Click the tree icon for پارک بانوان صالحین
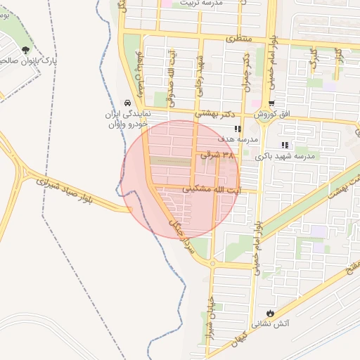[26, 50]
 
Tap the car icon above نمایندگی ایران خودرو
[127, 102]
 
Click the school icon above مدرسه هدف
[238, 129]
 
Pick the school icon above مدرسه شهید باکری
[285, 145]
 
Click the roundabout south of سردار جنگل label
[212, 264]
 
